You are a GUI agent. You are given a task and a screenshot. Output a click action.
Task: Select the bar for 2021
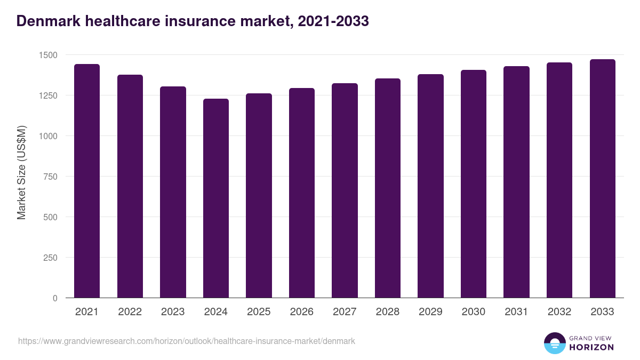click(87, 181)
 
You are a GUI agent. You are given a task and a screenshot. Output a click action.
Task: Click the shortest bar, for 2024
click(216, 198)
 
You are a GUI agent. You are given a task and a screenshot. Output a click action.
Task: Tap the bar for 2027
click(345, 191)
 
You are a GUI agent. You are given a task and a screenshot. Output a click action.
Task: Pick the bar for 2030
click(474, 184)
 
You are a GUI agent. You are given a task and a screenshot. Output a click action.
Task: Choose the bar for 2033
click(602, 179)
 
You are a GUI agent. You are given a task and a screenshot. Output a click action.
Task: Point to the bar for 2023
click(173, 192)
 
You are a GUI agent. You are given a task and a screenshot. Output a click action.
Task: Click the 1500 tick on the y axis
click(48, 55)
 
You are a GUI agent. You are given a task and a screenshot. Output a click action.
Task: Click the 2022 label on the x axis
click(130, 312)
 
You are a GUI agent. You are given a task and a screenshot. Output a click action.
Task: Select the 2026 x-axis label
click(302, 312)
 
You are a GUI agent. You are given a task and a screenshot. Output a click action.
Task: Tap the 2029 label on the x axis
click(430, 312)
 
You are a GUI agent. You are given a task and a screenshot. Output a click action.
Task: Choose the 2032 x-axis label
click(559, 312)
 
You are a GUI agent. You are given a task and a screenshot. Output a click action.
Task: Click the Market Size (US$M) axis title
click(21, 173)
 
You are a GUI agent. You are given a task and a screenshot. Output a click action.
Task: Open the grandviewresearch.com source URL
click(187, 341)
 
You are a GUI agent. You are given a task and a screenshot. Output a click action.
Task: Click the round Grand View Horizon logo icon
click(555, 343)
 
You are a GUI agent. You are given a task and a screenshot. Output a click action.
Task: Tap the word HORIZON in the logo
click(591, 347)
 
